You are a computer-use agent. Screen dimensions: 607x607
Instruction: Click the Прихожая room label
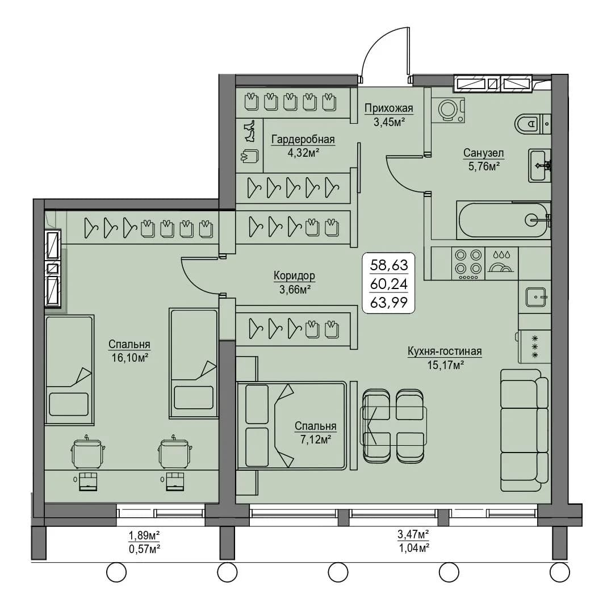(x=388, y=108)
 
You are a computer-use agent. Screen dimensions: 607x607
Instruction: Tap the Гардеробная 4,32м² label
(x=303, y=145)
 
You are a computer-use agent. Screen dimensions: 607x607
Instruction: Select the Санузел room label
(x=484, y=153)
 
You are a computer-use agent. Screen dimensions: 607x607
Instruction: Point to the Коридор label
(x=294, y=275)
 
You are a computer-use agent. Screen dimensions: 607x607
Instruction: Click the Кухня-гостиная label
(x=445, y=351)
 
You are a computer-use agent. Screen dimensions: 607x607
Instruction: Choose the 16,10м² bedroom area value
(x=130, y=358)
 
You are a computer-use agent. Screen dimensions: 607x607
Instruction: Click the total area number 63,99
(x=388, y=302)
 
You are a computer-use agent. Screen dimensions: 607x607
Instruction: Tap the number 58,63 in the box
(x=388, y=265)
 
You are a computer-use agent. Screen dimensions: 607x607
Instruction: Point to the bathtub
(x=503, y=220)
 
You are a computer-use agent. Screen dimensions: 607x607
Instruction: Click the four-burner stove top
(x=468, y=263)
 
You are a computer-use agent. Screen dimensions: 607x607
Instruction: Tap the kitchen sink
(x=535, y=297)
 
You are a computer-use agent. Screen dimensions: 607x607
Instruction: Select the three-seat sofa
(x=525, y=430)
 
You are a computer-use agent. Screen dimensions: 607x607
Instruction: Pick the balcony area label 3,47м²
(x=413, y=535)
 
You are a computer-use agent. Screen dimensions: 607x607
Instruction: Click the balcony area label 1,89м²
(x=144, y=535)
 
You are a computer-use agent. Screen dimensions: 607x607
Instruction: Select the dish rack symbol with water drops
(x=501, y=262)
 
